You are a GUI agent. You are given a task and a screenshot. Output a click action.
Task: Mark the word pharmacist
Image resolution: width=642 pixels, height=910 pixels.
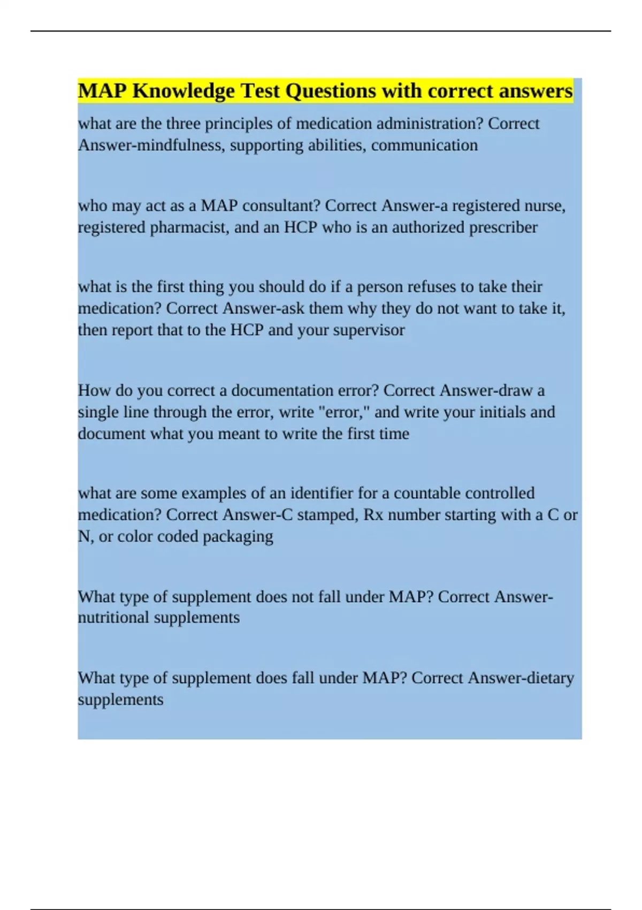click(189, 227)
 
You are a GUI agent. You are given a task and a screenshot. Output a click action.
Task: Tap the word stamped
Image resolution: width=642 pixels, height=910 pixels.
click(326, 515)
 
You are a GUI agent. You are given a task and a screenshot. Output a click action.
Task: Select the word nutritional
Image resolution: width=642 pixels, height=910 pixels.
click(113, 618)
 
